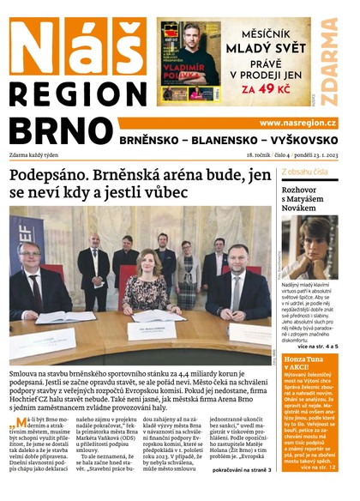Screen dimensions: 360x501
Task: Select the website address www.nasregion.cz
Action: pos(297,124)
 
